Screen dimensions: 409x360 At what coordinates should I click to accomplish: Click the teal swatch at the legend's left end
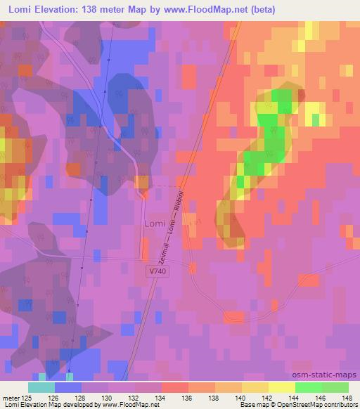click(x=41, y=387)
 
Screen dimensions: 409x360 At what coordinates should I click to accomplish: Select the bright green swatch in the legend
click(x=308, y=387)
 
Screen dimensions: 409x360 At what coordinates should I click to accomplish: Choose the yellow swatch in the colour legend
click(x=281, y=387)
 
